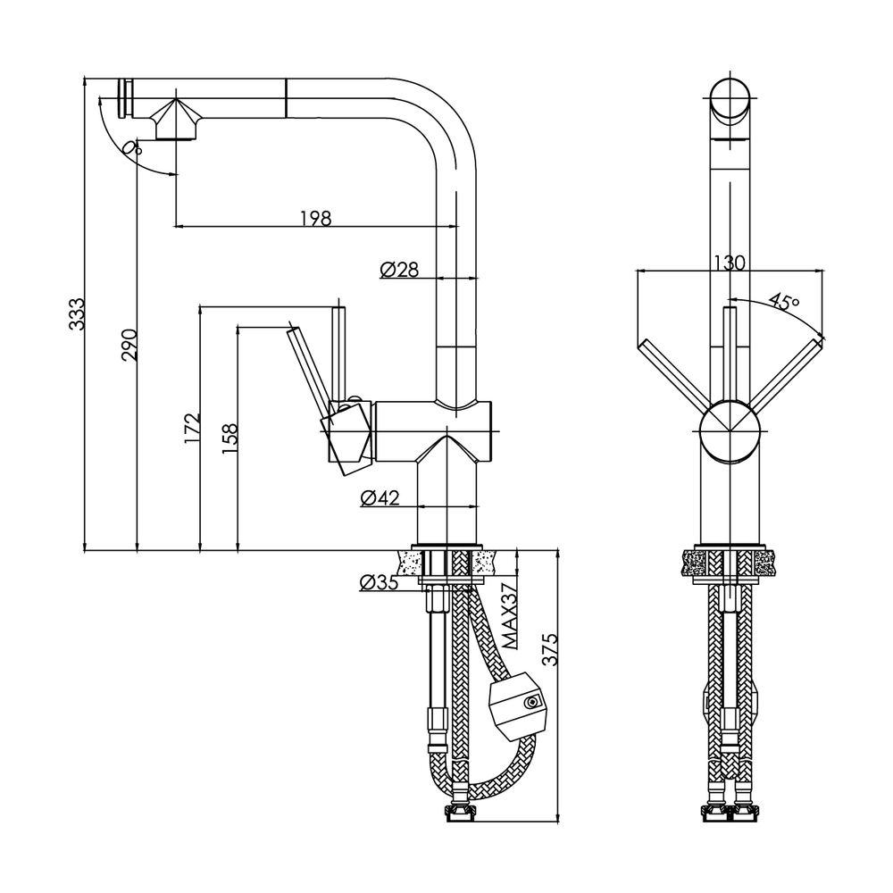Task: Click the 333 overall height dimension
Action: [x=79, y=314]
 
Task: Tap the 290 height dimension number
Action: [x=130, y=345]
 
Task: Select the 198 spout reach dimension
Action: [x=315, y=218]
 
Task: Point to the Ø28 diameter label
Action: [x=399, y=270]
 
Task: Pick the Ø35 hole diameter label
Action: [x=379, y=583]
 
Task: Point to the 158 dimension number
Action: [x=230, y=438]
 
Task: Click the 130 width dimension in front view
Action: [x=730, y=263]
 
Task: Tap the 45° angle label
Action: [x=784, y=302]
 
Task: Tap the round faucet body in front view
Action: [x=730, y=430]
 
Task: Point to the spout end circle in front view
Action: [x=730, y=99]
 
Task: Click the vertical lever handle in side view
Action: [x=338, y=353]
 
